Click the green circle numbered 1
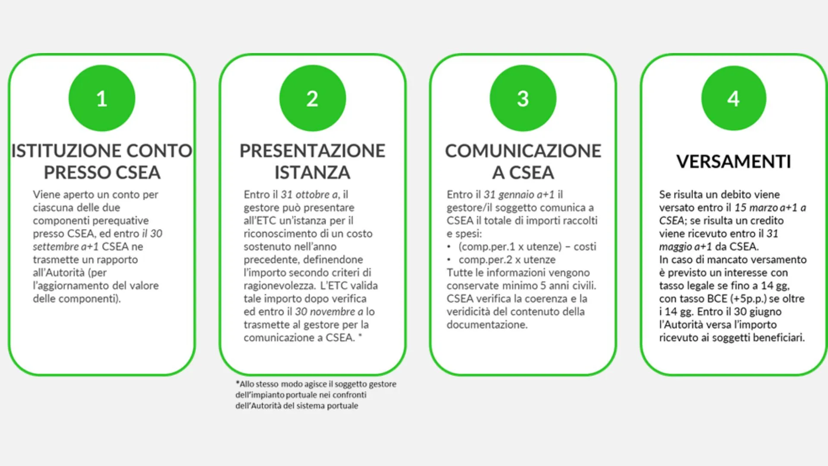pos(102,98)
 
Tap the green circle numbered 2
pos(313,98)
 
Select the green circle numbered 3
pos(523,98)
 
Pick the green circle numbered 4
pos(734,98)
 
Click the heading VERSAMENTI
pos(734,162)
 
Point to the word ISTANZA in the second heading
pos(313,173)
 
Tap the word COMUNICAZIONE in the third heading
pos(523,151)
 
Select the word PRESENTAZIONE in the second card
pos(313,151)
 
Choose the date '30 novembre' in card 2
pos(326,312)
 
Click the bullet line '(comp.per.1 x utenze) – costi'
pos(527,247)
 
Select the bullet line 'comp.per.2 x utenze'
pos(507,260)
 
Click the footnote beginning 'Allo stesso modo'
pos(316,395)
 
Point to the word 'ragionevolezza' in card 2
pos(279,286)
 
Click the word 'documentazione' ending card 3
pos(487,324)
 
